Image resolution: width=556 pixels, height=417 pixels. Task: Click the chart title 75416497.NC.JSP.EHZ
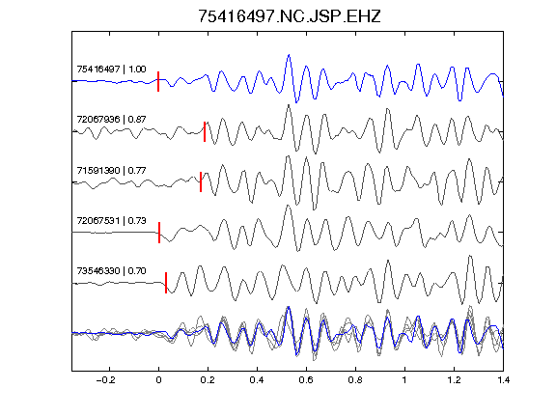click(289, 16)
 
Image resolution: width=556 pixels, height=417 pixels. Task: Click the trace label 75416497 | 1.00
click(111, 69)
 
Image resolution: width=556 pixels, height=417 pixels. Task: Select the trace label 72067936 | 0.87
click(111, 119)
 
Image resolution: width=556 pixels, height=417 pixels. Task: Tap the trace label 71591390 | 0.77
click(111, 171)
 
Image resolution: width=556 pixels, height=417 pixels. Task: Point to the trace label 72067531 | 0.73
click(111, 220)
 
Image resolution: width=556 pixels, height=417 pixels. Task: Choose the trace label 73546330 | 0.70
click(111, 271)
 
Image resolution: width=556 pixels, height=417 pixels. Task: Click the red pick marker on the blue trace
click(158, 81)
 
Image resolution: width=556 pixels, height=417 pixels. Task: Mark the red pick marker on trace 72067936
click(205, 131)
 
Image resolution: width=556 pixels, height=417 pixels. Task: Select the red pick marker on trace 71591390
click(201, 181)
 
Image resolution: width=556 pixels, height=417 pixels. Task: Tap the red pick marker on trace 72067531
click(159, 233)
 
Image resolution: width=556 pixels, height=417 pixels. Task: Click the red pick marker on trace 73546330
click(166, 283)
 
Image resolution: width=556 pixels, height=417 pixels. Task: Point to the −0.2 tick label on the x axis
click(105, 380)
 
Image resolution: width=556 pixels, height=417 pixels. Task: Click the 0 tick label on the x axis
click(158, 380)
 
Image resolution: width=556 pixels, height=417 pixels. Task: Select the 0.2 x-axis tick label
click(208, 380)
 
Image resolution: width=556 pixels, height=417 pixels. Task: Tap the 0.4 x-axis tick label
click(257, 380)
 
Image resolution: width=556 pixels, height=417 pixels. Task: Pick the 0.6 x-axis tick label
click(306, 380)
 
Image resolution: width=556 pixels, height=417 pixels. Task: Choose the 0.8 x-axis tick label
click(355, 380)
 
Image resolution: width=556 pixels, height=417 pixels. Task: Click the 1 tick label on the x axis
click(404, 380)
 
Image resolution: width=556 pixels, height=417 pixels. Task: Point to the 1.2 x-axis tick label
click(454, 380)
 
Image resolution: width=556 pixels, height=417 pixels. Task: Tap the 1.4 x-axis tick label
click(504, 380)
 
